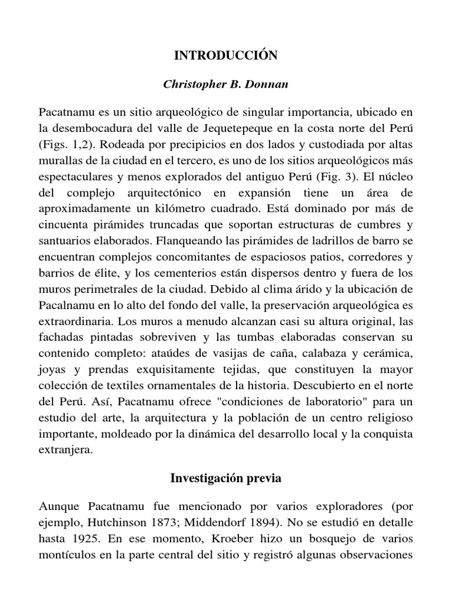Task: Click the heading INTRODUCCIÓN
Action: click(225, 56)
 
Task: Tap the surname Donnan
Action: click(269, 84)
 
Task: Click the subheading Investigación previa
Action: click(225, 478)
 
